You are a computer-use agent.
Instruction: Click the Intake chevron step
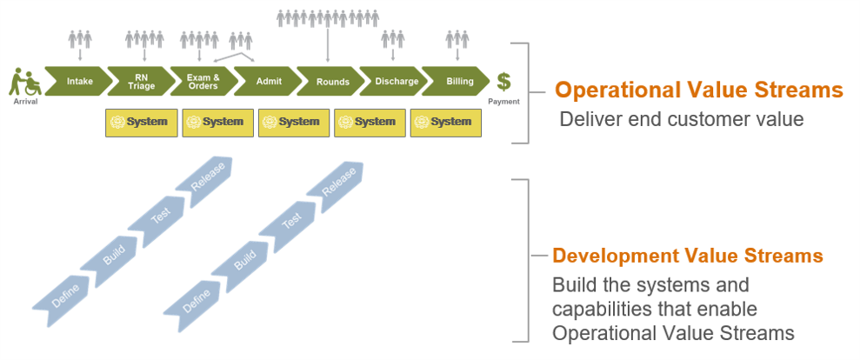(x=79, y=82)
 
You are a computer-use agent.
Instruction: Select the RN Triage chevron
(x=142, y=82)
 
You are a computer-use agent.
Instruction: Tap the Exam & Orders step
(x=203, y=82)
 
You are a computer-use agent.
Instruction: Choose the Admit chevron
(x=269, y=82)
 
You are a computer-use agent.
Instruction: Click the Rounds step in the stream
(x=332, y=82)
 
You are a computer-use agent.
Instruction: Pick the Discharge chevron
(x=396, y=82)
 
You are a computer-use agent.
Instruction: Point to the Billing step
(x=460, y=82)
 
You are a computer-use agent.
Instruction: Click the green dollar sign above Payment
(x=504, y=82)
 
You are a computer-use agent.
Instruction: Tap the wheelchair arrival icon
(x=26, y=83)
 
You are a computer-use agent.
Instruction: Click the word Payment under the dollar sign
(x=503, y=102)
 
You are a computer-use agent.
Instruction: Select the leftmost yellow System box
(x=142, y=123)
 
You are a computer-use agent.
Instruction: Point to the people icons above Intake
(x=80, y=39)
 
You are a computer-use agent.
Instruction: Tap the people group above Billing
(x=457, y=39)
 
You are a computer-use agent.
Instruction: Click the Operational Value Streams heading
(x=699, y=90)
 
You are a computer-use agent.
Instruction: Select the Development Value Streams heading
(x=688, y=257)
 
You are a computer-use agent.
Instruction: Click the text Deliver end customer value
(x=681, y=119)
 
